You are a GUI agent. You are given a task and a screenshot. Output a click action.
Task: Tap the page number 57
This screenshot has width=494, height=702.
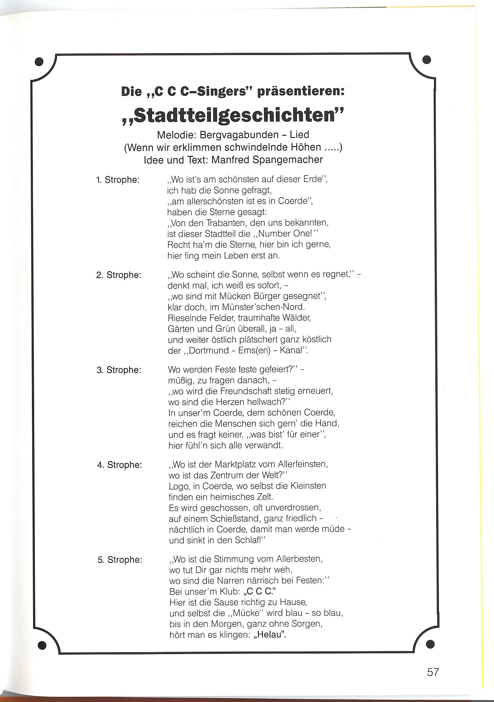coord(433,672)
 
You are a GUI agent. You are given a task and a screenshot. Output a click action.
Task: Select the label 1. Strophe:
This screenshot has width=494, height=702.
coord(118,180)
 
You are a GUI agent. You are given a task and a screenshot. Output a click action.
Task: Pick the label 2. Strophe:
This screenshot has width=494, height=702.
coord(119,275)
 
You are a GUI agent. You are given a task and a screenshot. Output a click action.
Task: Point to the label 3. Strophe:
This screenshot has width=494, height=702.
coord(119,370)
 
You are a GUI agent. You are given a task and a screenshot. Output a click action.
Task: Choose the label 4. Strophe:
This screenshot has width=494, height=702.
coord(120,465)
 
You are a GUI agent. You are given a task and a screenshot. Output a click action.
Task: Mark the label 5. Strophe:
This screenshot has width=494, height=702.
coord(120,560)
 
